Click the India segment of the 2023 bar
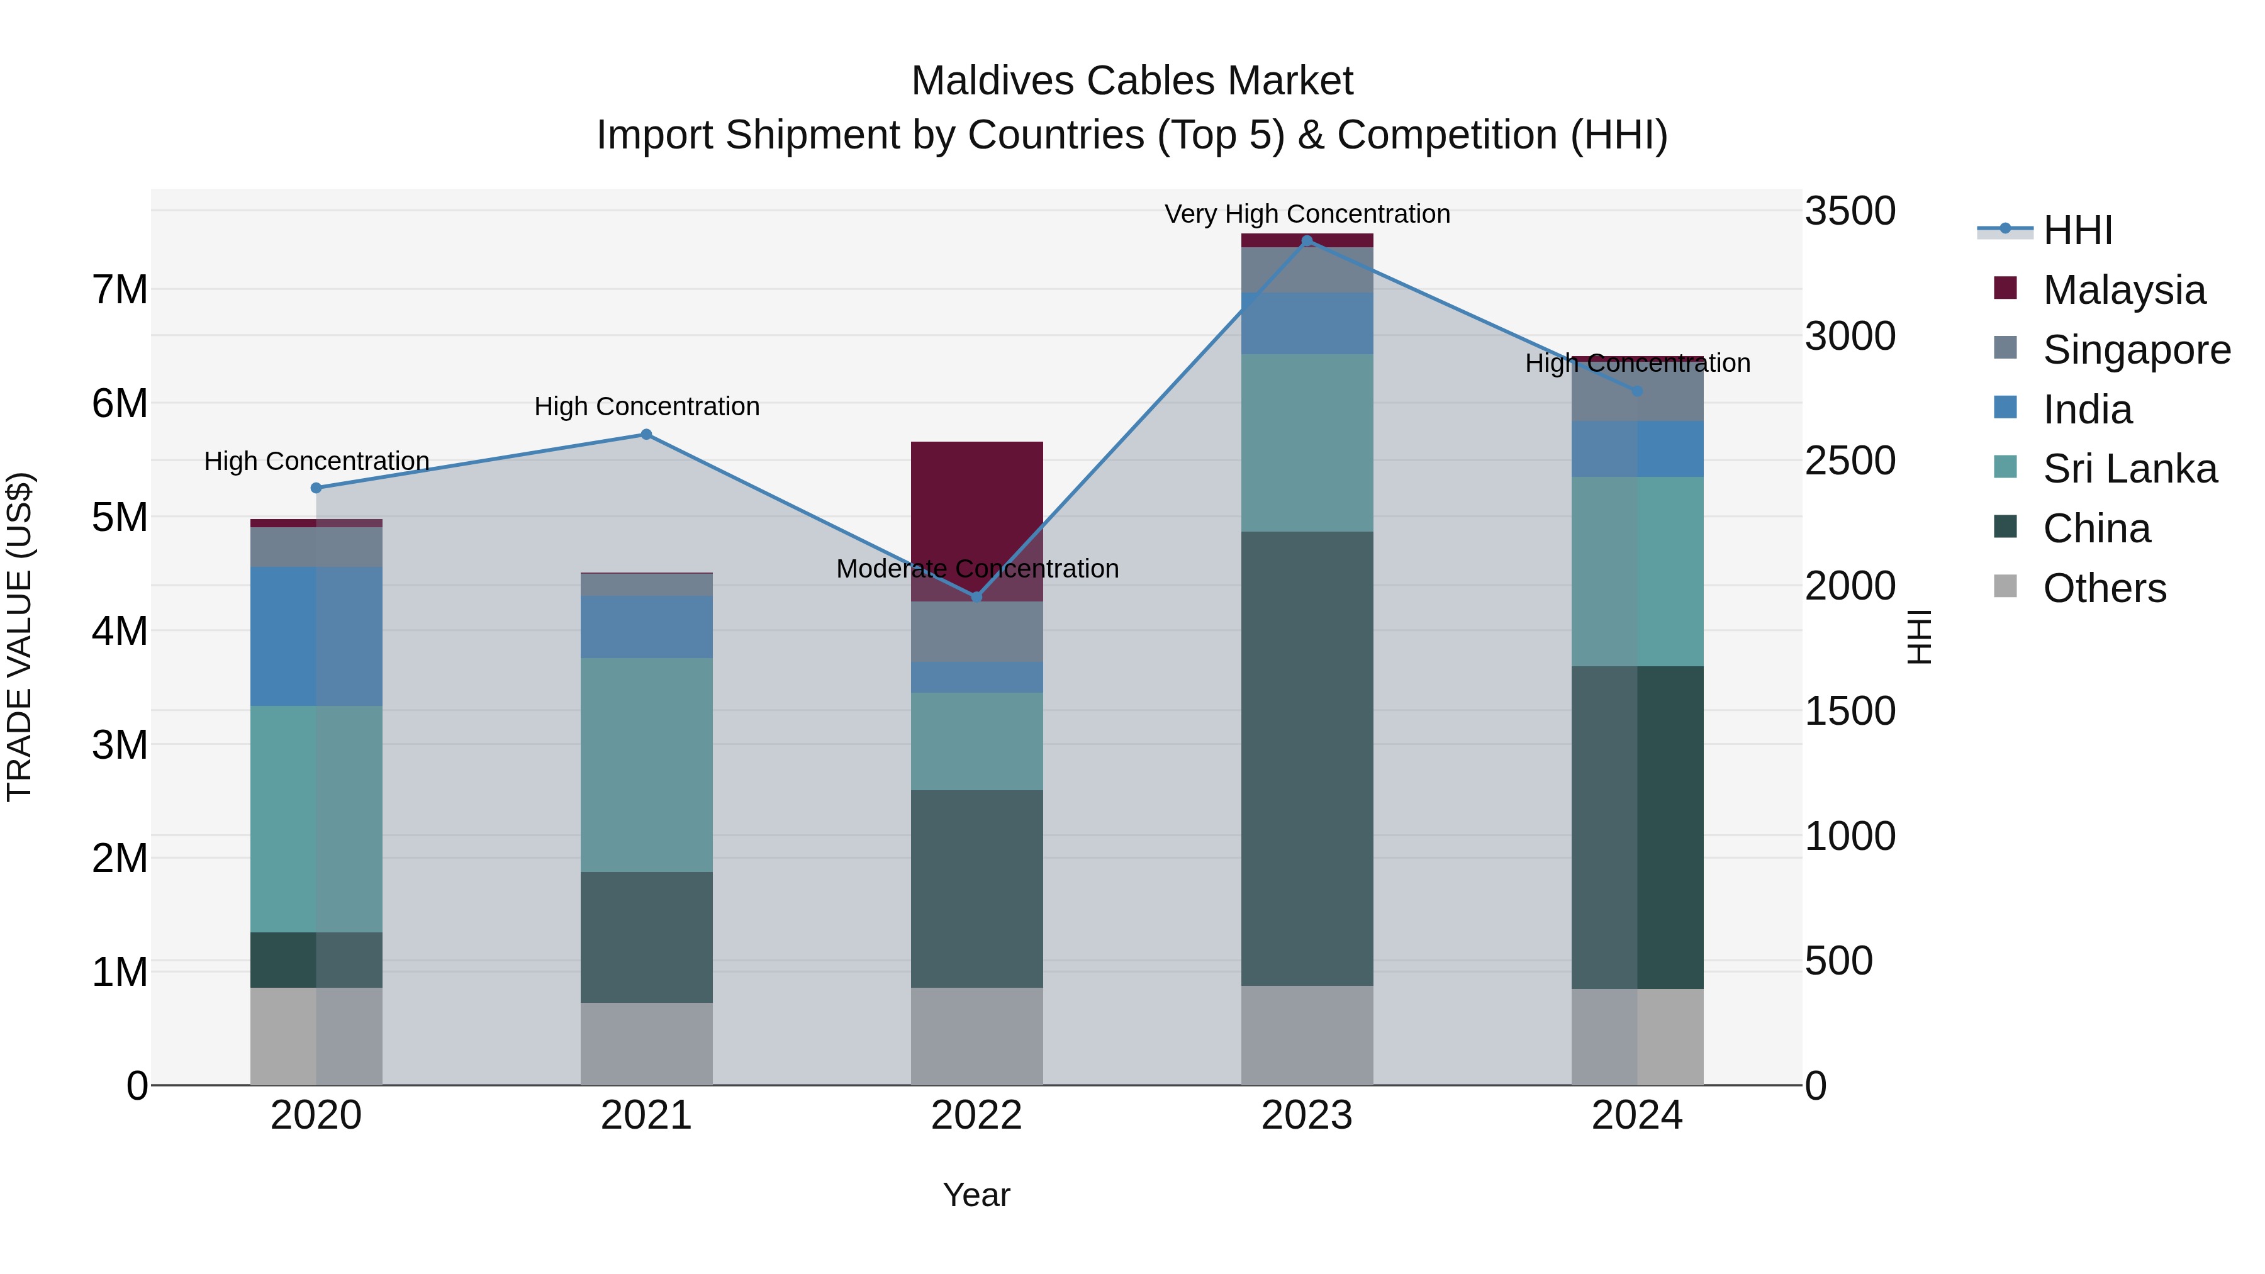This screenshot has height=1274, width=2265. coord(1307,323)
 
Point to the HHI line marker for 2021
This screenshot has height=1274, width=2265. coord(646,434)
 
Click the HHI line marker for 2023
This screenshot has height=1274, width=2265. coord(1307,241)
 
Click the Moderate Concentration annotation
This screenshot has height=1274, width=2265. coord(977,569)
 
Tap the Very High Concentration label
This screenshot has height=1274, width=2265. coord(1307,215)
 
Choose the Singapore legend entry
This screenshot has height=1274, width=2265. coord(2136,350)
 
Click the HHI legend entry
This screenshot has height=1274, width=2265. coord(2077,230)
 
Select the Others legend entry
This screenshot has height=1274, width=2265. coord(2104,588)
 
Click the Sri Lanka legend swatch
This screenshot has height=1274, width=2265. coord(2006,467)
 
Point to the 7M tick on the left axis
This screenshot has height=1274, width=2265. coord(120,290)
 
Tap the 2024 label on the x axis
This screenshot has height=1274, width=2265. coord(1636,1115)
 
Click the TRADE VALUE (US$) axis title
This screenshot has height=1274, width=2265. coord(20,637)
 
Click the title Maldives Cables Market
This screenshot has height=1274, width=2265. coord(1132,81)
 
